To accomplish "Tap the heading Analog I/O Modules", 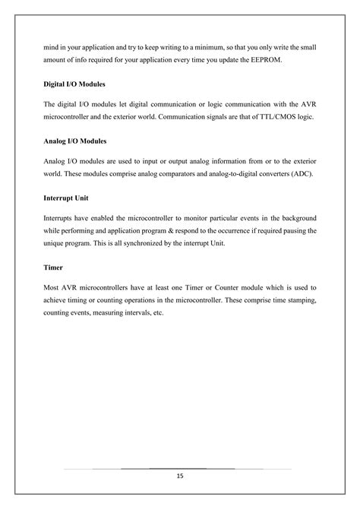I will click(x=74, y=141).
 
